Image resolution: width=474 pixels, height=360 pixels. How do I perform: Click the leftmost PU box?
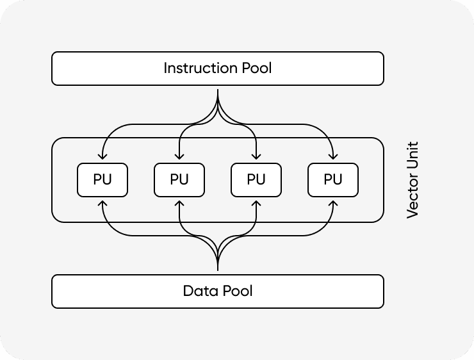click(102, 180)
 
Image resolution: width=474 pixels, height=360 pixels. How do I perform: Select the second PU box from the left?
click(179, 180)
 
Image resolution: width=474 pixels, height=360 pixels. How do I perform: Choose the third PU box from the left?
click(256, 180)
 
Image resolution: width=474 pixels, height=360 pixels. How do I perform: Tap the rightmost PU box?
click(333, 180)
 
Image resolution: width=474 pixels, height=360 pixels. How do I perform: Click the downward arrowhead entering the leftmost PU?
click(102, 156)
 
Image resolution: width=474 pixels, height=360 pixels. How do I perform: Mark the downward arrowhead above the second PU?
click(179, 156)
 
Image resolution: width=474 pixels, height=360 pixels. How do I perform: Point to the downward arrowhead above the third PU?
click(256, 156)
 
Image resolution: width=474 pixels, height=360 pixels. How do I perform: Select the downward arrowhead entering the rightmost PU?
click(333, 156)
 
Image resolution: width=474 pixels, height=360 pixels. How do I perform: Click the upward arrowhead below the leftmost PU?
click(102, 204)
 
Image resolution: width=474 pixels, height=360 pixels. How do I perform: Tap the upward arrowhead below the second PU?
click(179, 204)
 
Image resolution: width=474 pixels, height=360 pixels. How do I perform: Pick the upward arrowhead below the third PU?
click(256, 204)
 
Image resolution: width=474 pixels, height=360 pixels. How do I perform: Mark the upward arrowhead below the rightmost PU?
click(333, 204)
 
